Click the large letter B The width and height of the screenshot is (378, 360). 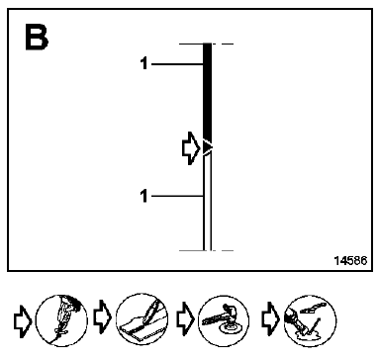point(37,38)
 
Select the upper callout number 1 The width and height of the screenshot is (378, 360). point(144,63)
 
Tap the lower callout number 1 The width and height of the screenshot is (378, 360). point(144,196)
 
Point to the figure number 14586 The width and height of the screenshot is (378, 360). point(350,260)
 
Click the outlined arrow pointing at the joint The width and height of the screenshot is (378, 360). point(191,148)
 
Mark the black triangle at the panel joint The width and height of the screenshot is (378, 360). point(207,147)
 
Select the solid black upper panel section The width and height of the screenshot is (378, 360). point(207,92)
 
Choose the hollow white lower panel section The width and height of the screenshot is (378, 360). point(207,203)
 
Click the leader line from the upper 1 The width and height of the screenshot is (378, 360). point(177,64)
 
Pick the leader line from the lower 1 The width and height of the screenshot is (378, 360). point(177,197)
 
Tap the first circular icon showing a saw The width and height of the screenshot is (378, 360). point(61,320)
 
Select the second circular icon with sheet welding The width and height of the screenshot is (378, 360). point(142,320)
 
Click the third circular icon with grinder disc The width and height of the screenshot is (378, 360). point(224,320)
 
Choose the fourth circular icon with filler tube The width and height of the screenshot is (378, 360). point(310,320)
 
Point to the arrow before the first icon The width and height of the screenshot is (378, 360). point(23,320)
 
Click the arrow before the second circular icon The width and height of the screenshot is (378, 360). point(103,316)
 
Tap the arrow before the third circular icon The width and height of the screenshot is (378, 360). point(186,319)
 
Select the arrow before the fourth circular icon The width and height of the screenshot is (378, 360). point(271,319)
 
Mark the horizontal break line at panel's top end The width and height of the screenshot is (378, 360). point(206,44)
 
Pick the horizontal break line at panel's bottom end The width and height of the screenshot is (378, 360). point(206,250)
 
